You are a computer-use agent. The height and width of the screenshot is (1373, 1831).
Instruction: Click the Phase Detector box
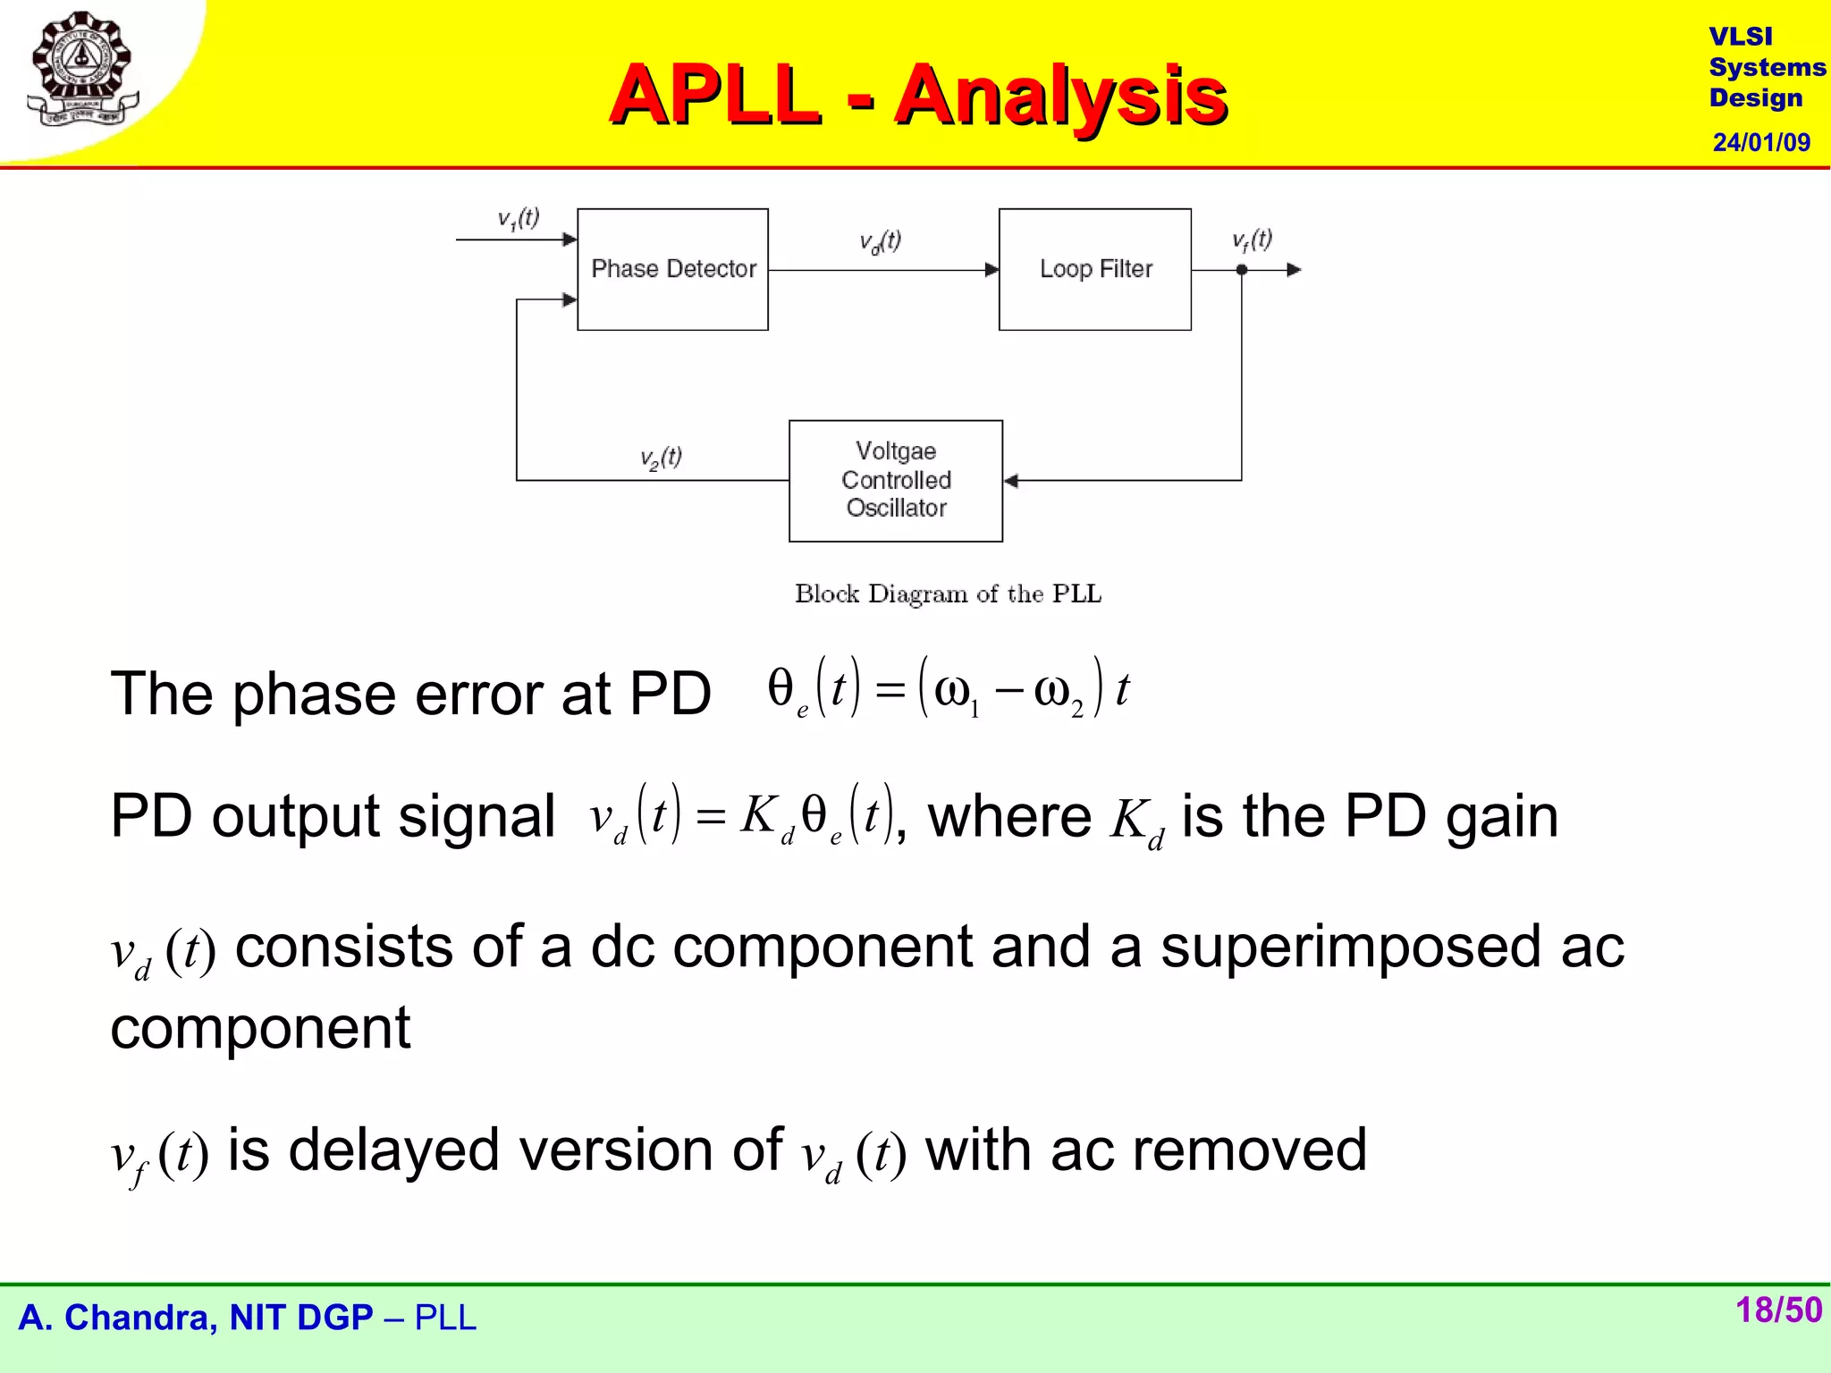672,269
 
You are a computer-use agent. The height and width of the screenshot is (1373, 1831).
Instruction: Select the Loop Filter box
1094,269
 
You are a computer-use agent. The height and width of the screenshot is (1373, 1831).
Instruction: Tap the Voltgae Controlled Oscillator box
895,480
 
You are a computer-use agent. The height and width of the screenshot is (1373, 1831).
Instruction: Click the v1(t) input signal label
519,218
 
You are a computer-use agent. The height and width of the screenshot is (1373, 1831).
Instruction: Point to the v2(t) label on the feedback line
661,458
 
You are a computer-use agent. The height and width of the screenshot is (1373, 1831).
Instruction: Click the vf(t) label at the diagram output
1252,240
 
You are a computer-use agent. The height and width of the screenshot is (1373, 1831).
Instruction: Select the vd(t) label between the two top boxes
880,241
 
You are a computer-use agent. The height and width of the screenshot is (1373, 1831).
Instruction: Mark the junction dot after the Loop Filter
1241,269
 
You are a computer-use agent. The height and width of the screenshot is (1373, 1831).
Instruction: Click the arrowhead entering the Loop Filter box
991,269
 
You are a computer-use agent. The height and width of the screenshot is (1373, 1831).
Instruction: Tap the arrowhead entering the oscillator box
1011,480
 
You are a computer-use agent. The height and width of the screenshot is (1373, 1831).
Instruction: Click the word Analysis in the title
1060,95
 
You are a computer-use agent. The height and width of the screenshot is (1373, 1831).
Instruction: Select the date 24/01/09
1760,142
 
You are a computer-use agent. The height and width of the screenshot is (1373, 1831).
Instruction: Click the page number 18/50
1777,1310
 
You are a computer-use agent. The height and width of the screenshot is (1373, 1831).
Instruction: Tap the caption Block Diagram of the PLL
948,594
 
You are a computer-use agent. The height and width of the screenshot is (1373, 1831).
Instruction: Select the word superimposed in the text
1350,948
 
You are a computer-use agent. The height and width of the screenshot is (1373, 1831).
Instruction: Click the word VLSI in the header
1740,37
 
